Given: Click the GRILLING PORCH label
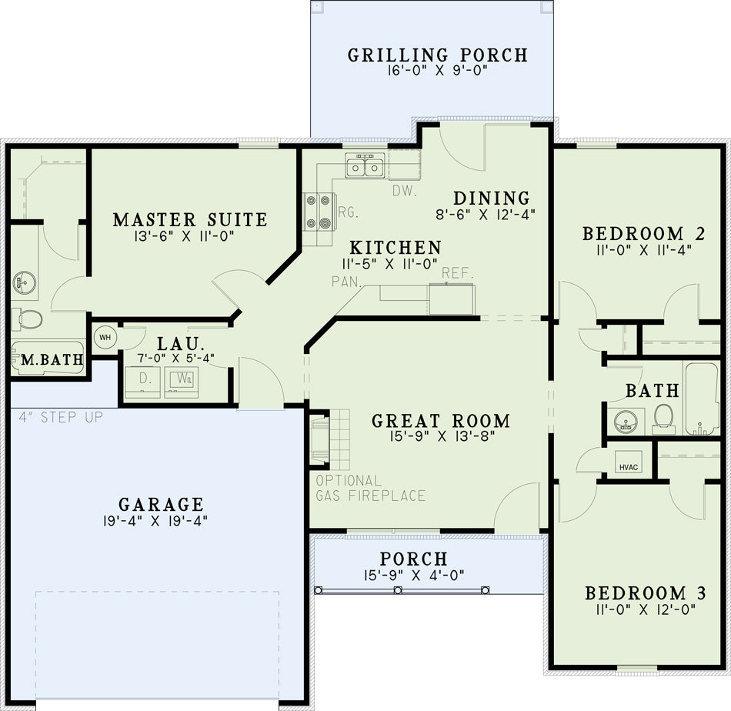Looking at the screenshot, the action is [x=438, y=55].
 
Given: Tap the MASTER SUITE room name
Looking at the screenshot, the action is [x=190, y=219].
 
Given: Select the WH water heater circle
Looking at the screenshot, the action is [x=105, y=337].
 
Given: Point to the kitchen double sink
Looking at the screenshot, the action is [x=365, y=165].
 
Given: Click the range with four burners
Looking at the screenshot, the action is [x=319, y=212].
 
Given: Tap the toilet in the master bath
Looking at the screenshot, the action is [x=27, y=319].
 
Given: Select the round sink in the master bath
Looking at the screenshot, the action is [x=25, y=282].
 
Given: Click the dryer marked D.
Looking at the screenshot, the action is [x=142, y=382].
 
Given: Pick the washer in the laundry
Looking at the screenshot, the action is [x=182, y=382].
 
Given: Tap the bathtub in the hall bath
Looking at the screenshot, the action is [x=702, y=399].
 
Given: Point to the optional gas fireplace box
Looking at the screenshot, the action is [x=321, y=439].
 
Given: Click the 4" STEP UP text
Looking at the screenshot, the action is [x=61, y=417].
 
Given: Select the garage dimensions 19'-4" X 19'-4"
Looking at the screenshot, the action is [x=155, y=521].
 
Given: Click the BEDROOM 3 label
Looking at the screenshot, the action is [x=646, y=593].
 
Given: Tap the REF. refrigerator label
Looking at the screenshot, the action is [x=457, y=273].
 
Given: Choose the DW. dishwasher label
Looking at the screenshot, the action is [x=404, y=191].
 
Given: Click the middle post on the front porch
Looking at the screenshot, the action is [x=398, y=590].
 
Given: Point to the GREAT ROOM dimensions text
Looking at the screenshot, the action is [x=442, y=436].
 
